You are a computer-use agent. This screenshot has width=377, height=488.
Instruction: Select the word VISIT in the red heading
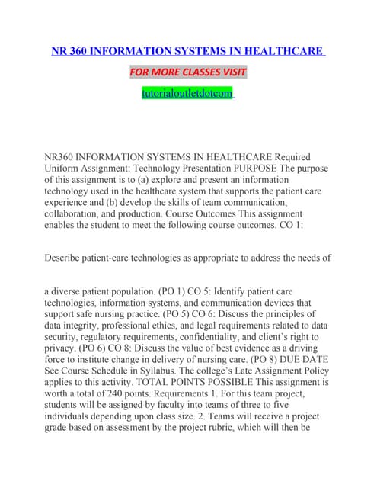pyautogui.click(x=237, y=72)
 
